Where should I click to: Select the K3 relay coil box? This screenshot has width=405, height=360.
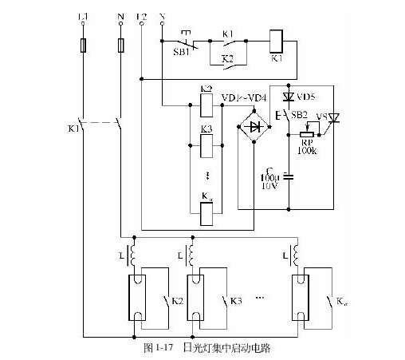(x=206, y=144)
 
